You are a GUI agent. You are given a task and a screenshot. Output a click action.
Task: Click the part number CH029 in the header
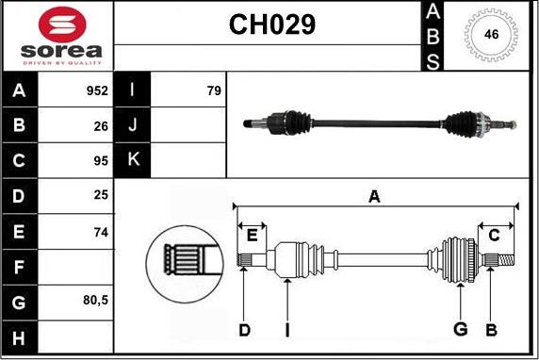coord(272,25)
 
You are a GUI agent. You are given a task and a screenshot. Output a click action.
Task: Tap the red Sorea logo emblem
coord(62,25)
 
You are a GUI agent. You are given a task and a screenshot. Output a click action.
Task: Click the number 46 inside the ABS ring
coord(491,34)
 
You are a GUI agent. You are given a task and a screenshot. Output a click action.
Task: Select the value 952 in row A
coord(97,90)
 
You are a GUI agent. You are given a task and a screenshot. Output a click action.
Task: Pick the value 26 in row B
coord(101,126)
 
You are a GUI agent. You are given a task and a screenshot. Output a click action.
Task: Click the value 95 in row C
coord(101,160)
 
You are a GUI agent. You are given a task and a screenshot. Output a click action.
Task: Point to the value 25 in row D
coord(101,195)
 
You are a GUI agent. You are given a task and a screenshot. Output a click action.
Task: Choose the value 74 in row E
coord(101,233)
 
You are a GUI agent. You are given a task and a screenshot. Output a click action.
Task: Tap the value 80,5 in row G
coord(95,301)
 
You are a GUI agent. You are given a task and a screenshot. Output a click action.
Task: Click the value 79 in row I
coord(214,90)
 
